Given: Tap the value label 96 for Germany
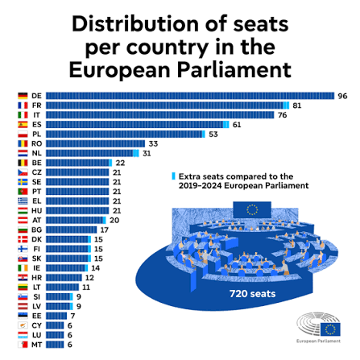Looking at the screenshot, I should (x=341, y=96).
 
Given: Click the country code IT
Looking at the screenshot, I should (x=37, y=115).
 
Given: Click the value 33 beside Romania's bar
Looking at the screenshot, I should (x=152, y=143).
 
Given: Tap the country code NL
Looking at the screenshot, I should (x=37, y=153).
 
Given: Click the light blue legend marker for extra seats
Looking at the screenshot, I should (x=172, y=176).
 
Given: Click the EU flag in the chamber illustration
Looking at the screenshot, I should (x=253, y=209).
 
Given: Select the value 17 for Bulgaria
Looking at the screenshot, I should (x=104, y=230).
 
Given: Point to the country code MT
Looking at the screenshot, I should (x=37, y=345).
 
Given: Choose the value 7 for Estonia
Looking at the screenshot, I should (x=72, y=316).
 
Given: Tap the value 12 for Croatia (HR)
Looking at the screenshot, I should (x=89, y=278).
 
